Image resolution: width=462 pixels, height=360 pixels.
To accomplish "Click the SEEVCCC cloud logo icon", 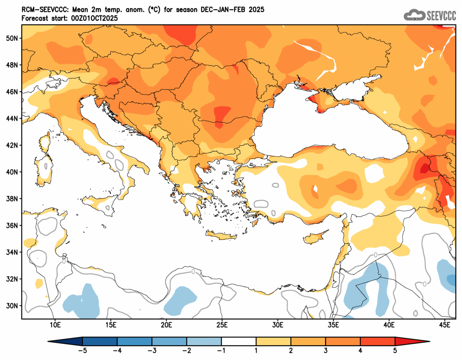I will (x=414, y=15).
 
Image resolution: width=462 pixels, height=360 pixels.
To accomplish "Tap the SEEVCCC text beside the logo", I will (x=441, y=15).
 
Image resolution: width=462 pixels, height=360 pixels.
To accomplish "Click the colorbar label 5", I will (x=395, y=351).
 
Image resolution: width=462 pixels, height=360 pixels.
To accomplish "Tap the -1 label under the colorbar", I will (x=221, y=351).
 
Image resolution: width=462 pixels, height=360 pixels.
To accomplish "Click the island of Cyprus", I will (x=315, y=237).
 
